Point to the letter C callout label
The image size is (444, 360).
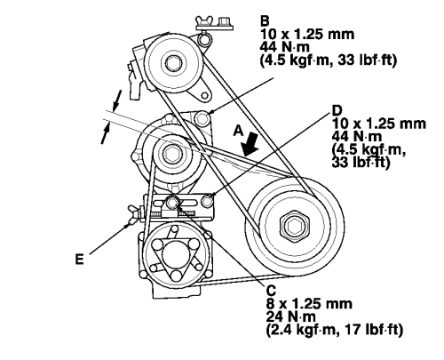point(271,290)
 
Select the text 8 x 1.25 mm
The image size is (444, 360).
point(304,302)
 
